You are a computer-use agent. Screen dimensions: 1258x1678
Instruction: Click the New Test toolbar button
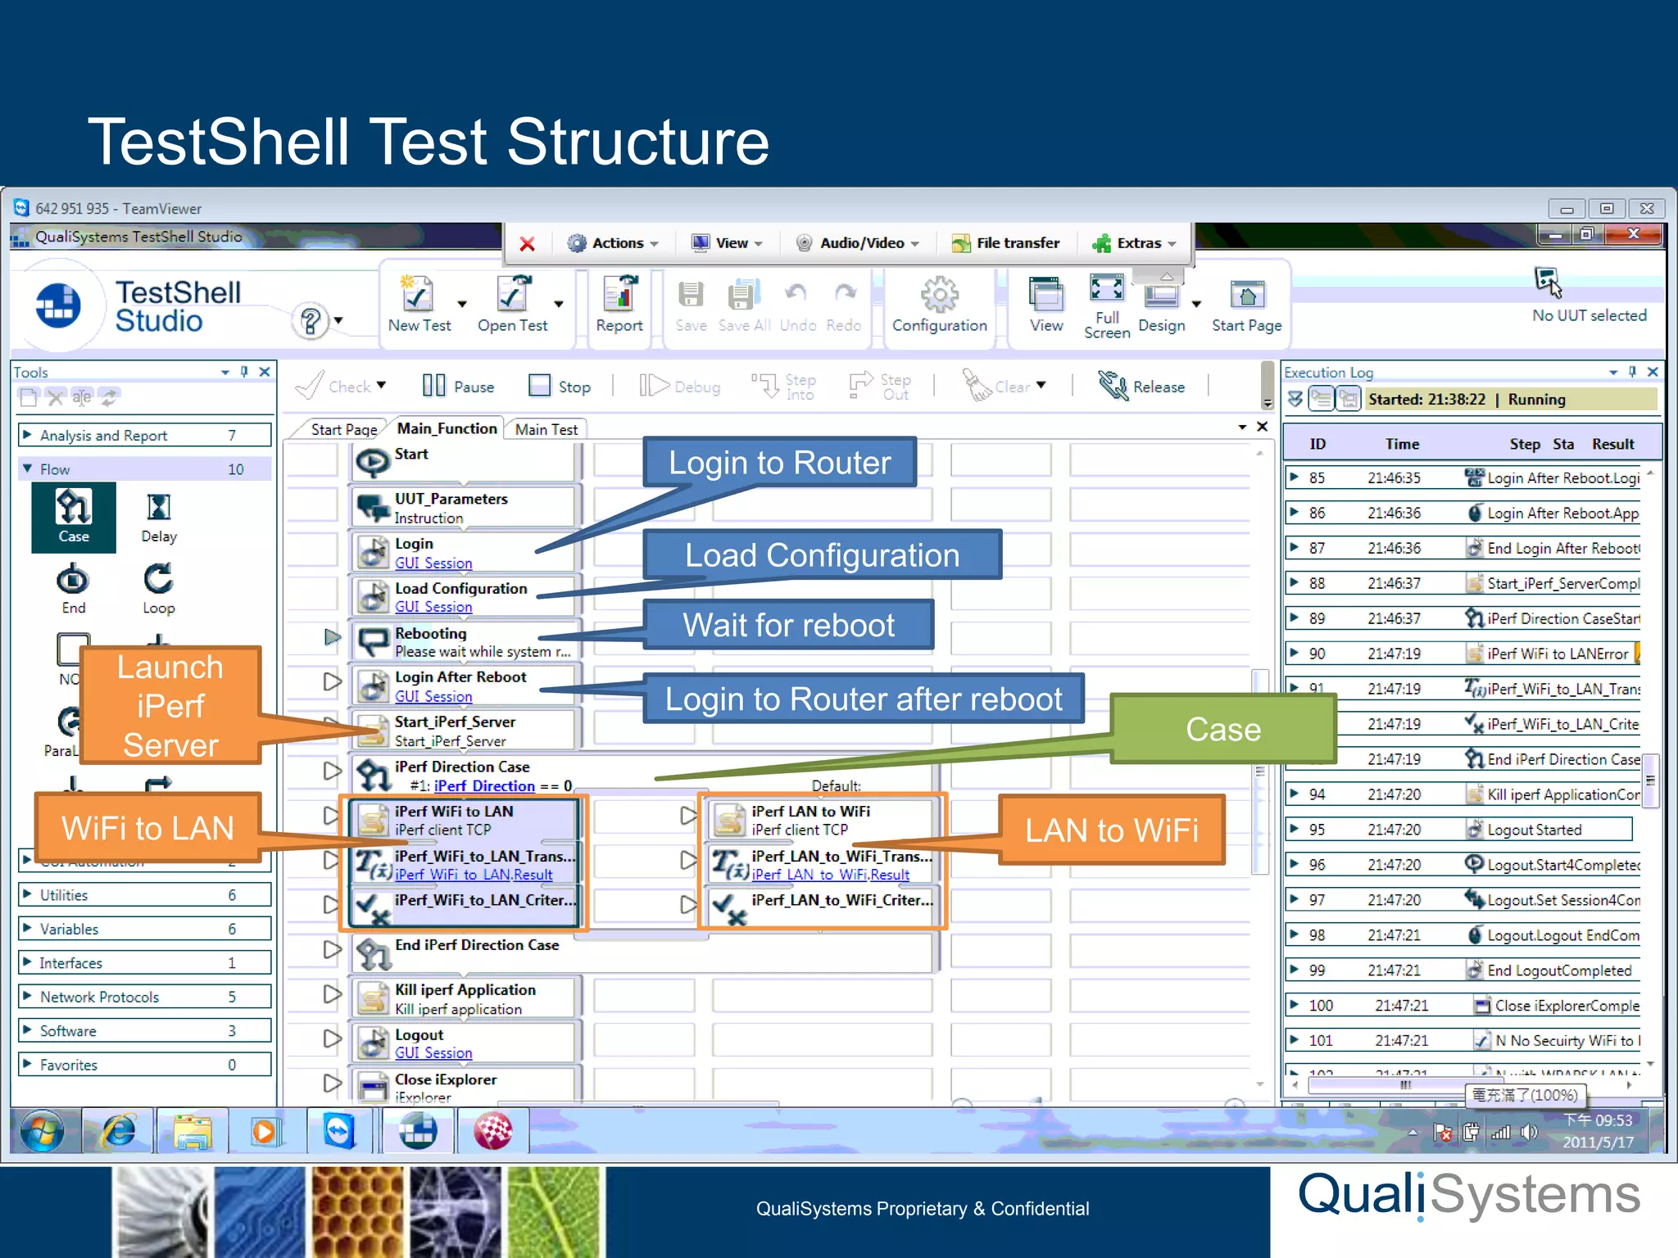(419, 304)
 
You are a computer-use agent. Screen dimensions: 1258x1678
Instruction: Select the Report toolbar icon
(619, 304)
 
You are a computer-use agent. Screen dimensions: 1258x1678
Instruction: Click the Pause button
(459, 387)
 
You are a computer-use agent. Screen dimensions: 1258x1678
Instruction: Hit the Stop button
(560, 387)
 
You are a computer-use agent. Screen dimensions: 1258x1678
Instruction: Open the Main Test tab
(546, 429)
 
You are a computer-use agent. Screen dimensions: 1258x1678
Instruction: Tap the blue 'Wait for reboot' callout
(788, 625)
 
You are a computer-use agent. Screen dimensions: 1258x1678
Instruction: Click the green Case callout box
(1222, 729)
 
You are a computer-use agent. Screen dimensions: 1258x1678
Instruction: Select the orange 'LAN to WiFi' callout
(1111, 830)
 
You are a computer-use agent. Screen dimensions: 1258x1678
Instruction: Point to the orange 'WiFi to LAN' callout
(147, 828)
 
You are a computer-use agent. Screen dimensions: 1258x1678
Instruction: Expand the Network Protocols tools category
(99, 997)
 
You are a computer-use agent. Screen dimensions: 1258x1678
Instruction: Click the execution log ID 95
(1317, 830)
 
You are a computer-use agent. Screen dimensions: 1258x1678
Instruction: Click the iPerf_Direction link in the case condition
(484, 786)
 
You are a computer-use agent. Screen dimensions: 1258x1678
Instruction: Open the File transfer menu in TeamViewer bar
(1006, 243)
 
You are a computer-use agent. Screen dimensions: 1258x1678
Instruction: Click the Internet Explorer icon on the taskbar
(120, 1132)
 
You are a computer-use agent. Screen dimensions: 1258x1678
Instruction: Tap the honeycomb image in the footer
(356, 1211)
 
